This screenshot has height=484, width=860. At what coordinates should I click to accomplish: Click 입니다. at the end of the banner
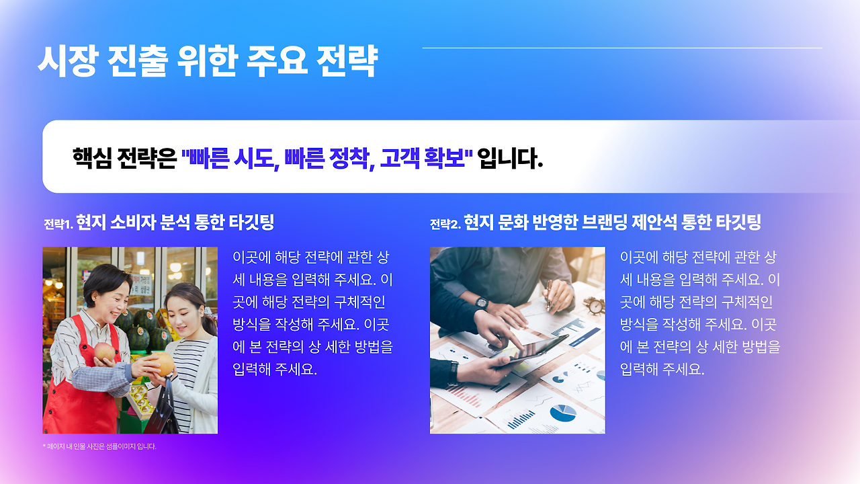[x=510, y=159]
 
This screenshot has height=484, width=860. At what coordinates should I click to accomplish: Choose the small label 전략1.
[x=58, y=225]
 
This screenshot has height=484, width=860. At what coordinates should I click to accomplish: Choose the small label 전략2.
[x=445, y=225]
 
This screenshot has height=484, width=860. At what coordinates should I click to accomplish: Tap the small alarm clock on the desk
[x=594, y=305]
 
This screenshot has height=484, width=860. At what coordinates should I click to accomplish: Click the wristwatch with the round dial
[x=481, y=302]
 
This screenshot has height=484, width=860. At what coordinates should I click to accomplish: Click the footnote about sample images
[x=99, y=446]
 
